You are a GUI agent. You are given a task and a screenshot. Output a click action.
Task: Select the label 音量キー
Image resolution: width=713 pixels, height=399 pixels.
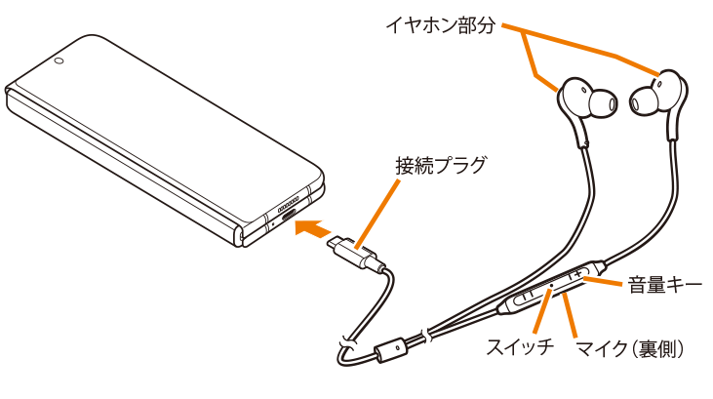pyautogui.click(x=663, y=285)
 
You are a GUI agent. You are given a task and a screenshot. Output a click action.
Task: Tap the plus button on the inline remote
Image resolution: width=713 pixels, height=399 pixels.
pyautogui.click(x=586, y=272)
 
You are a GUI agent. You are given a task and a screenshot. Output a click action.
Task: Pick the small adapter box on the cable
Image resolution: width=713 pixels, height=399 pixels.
pyautogui.click(x=396, y=348)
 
